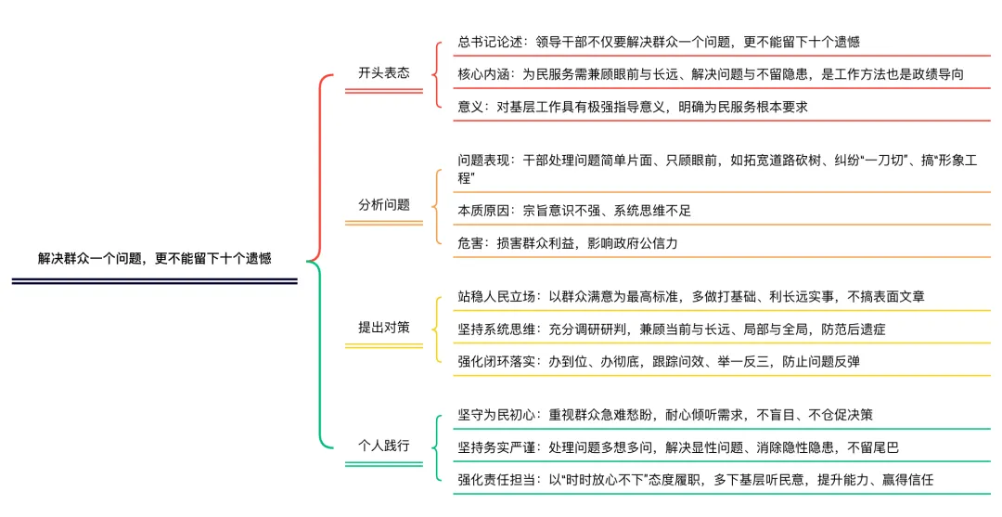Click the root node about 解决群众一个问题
(155, 259)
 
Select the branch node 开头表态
(383, 72)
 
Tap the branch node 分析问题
(383, 204)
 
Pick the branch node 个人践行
(383, 445)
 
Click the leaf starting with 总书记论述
(658, 42)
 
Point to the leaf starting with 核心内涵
(710, 74)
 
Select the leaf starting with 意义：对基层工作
(632, 107)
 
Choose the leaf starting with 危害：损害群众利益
(567, 243)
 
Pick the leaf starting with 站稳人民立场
(690, 296)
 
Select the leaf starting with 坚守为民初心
(664, 415)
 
